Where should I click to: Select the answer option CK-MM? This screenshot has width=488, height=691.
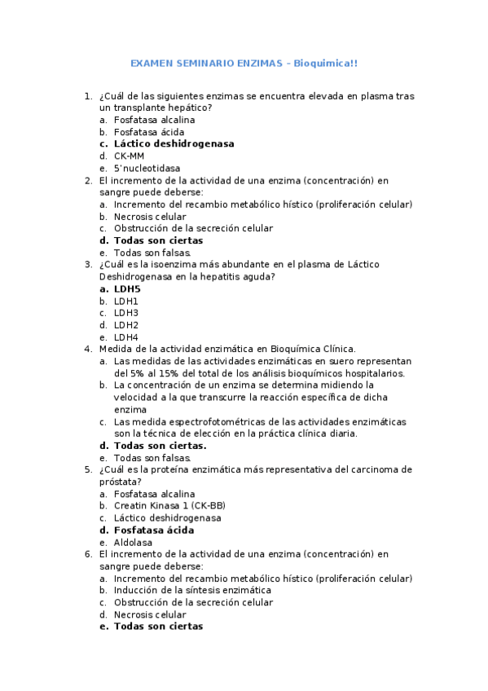129,156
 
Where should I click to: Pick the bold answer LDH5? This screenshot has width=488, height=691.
127,288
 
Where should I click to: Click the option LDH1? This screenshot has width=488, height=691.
126,301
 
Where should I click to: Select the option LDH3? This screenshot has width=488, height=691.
126,313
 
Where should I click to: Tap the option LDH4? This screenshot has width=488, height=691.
126,337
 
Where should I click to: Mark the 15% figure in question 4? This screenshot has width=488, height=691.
164,373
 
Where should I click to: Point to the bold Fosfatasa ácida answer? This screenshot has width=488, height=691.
154,530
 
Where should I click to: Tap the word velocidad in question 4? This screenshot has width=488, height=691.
136,397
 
